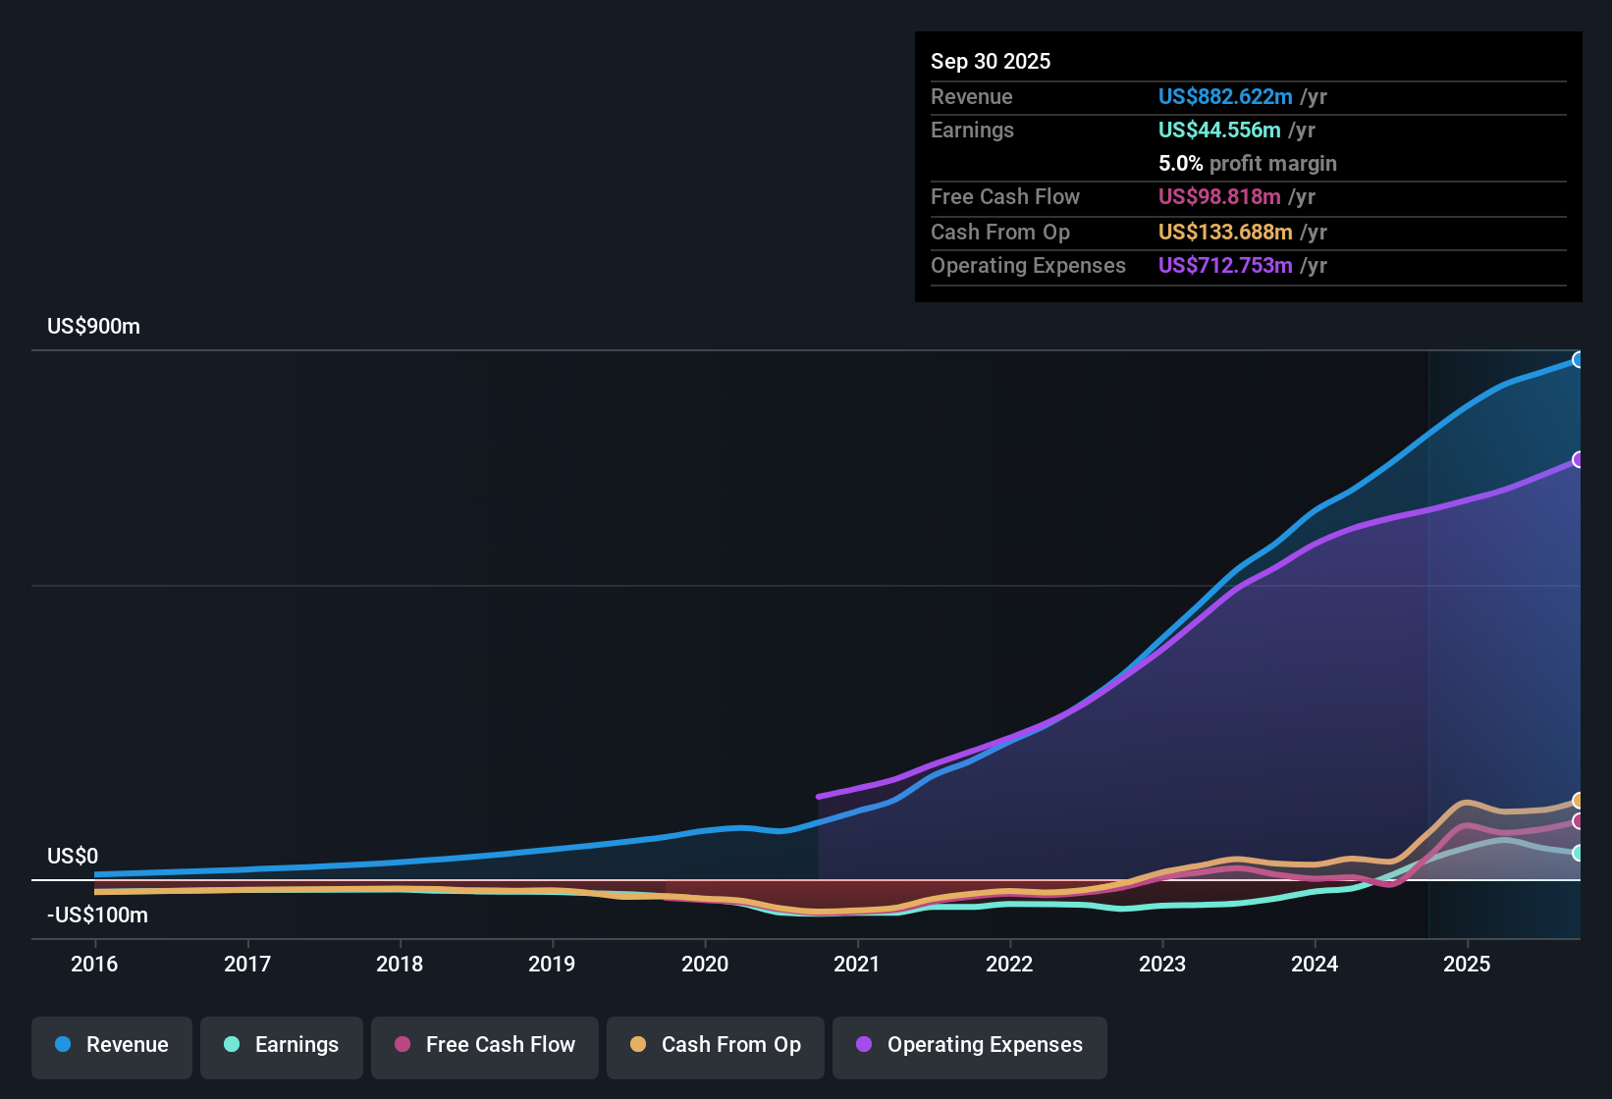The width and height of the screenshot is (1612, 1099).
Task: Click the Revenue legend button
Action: pos(112,1045)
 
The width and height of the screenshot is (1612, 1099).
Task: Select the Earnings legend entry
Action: pos(282,1045)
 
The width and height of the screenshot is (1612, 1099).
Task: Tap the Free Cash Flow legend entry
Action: pos(485,1045)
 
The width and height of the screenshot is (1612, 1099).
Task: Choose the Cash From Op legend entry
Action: pos(716,1045)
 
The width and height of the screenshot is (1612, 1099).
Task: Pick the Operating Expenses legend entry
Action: pos(970,1045)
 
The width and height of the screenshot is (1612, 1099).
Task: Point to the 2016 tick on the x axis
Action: pos(94,964)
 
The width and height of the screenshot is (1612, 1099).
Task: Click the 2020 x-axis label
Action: pos(705,964)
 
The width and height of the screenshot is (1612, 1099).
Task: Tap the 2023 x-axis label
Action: pos(1162,964)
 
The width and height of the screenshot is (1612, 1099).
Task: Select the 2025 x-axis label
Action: pos(1467,964)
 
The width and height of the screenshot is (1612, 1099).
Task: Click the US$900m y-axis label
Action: pos(93,327)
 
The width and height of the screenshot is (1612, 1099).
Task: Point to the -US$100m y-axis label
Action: pos(97,916)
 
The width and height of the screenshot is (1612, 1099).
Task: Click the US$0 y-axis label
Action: pos(73,857)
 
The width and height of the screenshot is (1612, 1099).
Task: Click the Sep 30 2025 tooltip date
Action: pos(991,61)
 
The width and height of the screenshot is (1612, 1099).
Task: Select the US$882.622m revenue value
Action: pos(1225,96)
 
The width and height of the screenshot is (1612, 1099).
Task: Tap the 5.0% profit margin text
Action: pos(1247,163)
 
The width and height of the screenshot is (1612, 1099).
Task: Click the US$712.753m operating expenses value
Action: pos(1225,265)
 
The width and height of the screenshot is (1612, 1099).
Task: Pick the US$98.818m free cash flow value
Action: pos(1219,196)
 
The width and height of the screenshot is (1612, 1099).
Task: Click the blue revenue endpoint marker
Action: pos(1578,360)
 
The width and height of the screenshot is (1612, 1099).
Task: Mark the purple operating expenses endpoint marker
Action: pos(1578,459)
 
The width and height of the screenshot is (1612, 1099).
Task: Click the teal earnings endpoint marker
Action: pos(1578,853)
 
